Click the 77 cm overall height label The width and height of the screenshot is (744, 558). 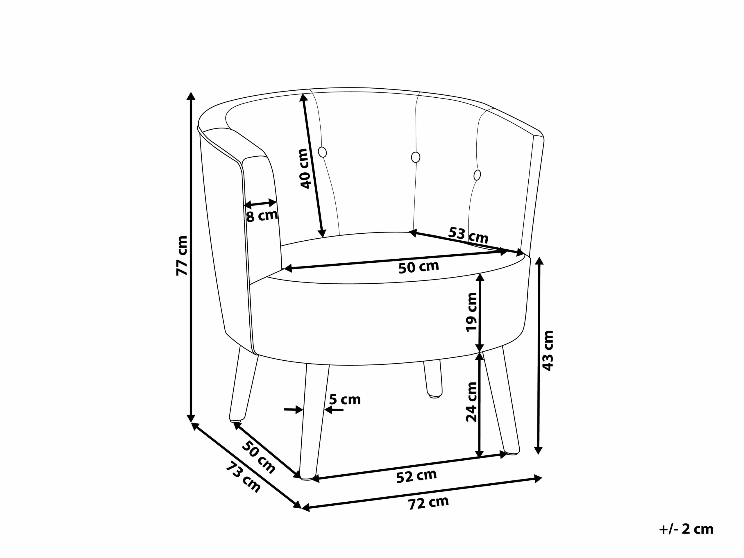tap(182, 256)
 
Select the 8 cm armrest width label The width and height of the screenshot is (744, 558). tap(262, 215)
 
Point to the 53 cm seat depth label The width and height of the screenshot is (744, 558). tap(468, 235)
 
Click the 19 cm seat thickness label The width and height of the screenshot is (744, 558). tap(472, 312)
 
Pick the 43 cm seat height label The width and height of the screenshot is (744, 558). tap(548, 350)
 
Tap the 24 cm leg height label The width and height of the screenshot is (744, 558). tap(472, 402)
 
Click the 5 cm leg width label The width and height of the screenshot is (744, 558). tap(345, 400)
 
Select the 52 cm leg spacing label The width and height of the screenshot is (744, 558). tap(416, 476)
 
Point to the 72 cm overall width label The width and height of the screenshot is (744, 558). tap(428, 503)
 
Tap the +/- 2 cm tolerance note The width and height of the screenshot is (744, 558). tap(686, 529)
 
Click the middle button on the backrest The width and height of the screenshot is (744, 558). tap(416, 157)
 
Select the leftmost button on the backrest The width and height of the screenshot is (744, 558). tap(322, 152)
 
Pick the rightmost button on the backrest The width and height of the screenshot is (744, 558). tap(477, 175)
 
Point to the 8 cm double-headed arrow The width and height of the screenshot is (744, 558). tap(260, 203)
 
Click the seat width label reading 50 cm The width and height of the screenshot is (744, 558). tap(419, 267)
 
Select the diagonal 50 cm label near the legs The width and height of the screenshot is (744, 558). tap(259, 457)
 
